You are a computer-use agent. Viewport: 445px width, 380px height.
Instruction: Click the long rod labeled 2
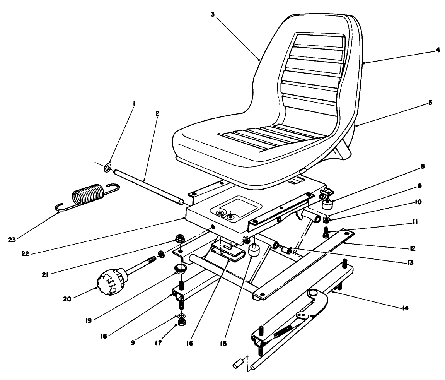coord(147,186)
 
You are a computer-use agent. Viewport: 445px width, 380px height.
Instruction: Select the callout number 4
coord(437,50)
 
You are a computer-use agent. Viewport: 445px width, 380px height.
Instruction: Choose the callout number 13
coord(411,262)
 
